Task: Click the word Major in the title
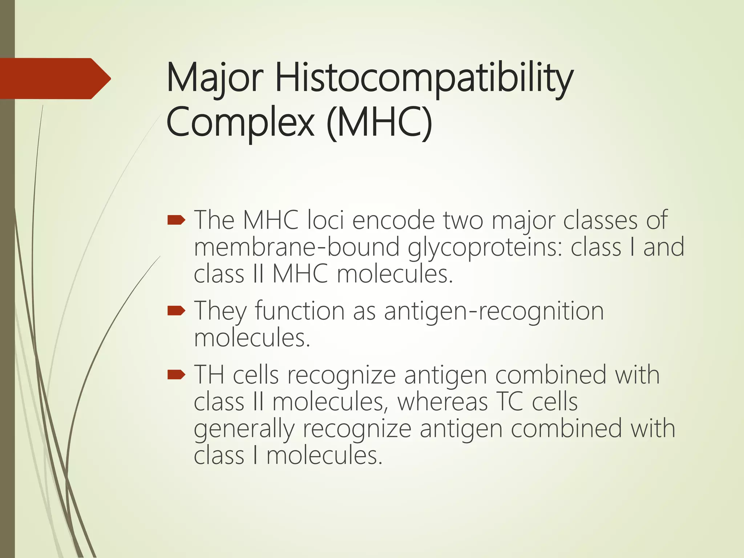(x=215, y=78)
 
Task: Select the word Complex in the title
(x=240, y=121)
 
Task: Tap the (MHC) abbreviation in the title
(x=379, y=121)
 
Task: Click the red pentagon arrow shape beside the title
(x=54, y=78)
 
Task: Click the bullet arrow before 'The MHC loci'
(x=177, y=220)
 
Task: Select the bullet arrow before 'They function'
(x=177, y=311)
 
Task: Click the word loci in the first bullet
(x=325, y=220)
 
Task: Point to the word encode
(x=393, y=220)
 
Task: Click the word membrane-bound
(x=296, y=247)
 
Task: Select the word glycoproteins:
(x=485, y=247)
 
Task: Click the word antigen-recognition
(x=494, y=311)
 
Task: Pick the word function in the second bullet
(x=299, y=311)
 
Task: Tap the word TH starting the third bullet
(x=209, y=375)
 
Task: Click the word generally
(x=244, y=429)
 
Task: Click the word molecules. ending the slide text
(x=324, y=456)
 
